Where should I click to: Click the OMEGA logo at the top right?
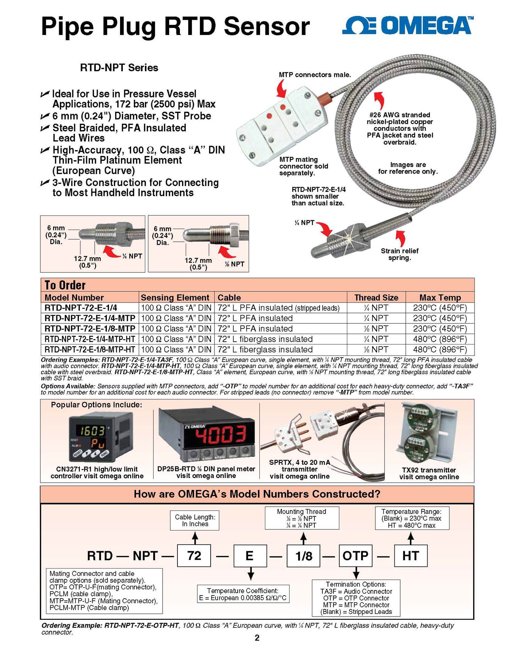(407, 26)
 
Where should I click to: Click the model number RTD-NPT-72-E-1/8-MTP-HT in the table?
(90, 350)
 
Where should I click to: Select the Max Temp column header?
(440, 297)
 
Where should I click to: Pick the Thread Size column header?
(376, 297)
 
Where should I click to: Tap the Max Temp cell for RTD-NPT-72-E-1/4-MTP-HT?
(440, 339)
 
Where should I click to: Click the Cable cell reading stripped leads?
(278, 308)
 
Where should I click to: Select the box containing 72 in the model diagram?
(194, 556)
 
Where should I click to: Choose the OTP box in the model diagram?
(355, 556)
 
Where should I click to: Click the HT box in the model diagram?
(411, 556)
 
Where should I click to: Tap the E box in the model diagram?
(250, 556)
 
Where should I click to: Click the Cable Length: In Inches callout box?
(195, 520)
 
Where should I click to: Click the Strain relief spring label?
(400, 255)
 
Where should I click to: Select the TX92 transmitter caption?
(429, 473)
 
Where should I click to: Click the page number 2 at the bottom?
(257, 638)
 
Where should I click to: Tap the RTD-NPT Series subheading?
(119, 68)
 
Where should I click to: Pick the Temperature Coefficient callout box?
(243, 594)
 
